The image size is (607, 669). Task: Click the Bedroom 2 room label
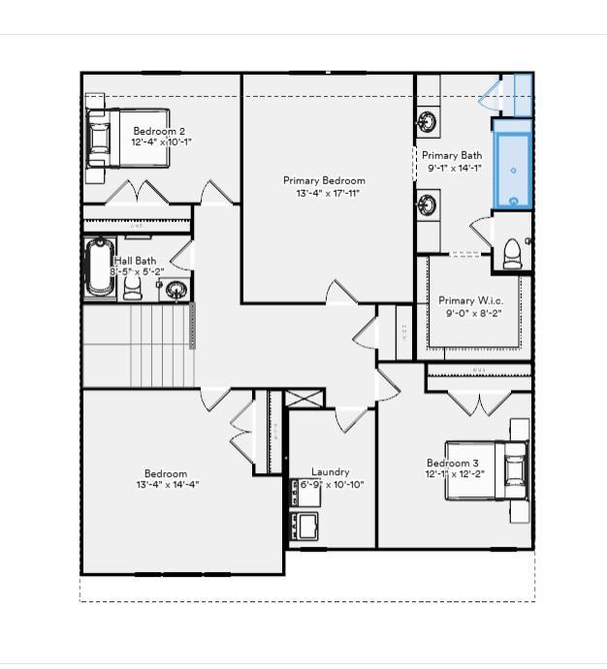click(159, 131)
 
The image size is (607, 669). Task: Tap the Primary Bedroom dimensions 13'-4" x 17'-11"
click(324, 193)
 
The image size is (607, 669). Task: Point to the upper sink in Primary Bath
click(428, 122)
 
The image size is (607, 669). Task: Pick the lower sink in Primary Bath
click(428, 205)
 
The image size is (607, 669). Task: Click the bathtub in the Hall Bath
click(99, 268)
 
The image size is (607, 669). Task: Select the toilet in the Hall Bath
click(133, 288)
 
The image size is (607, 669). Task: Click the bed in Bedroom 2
click(126, 142)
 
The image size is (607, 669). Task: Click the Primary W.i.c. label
click(470, 301)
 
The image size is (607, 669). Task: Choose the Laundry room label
click(330, 472)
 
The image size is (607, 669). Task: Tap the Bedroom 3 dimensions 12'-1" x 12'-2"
click(454, 475)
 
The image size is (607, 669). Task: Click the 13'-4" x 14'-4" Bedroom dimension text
click(166, 485)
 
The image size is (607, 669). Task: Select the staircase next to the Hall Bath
click(137, 344)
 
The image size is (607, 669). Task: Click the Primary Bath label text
click(452, 155)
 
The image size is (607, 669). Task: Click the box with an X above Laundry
click(305, 398)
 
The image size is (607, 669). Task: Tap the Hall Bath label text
click(136, 261)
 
